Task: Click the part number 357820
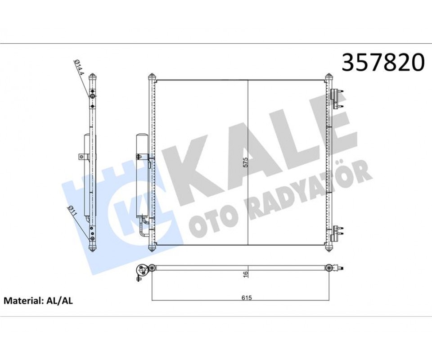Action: point(383,63)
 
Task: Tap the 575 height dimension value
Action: point(246,162)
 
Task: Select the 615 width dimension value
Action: point(247,298)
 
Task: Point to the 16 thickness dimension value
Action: point(246,274)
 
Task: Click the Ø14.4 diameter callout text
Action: point(78,67)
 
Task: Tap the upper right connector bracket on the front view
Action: point(337,99)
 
